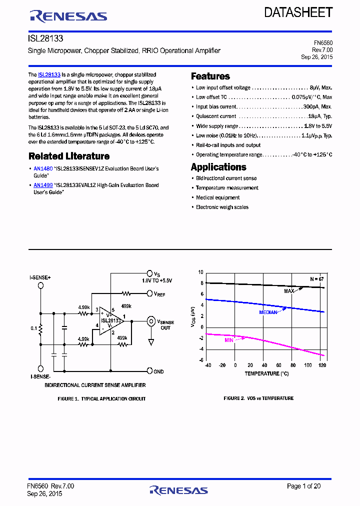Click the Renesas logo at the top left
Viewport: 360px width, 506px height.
(69, 16)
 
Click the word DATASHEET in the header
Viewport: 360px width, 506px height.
(298, 12)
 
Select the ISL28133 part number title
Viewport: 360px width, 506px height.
(46, 38)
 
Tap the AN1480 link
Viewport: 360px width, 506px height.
(43, 169)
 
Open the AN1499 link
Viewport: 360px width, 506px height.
(43, 185)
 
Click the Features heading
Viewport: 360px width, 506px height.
(210, 76)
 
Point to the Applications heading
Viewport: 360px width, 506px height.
(218, 167)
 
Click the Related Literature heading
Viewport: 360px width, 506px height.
(69, 156)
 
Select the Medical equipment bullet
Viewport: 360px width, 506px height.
(217, 197)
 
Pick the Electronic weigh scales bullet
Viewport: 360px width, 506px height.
(222, 207)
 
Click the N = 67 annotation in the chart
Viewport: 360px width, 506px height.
(316, 278)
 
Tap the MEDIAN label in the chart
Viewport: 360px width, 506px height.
(268, 312)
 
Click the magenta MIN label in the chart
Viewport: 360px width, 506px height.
(229, 340)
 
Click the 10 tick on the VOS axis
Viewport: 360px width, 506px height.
(201, 272)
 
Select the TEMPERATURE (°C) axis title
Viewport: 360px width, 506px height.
(266, 373)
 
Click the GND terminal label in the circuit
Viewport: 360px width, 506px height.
(158, 371)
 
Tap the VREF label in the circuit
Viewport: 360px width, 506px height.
(159, 294)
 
